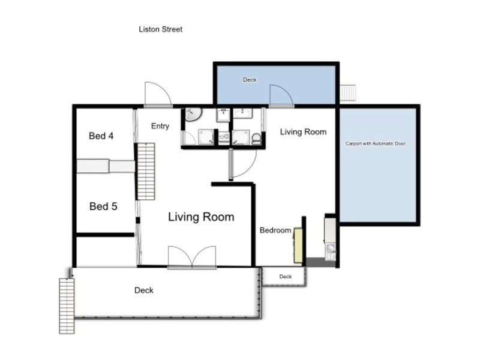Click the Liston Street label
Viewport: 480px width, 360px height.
[x=160, y=29]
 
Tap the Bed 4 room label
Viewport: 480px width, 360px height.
[x=101, y=136]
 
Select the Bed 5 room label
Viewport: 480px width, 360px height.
[x=103, y=206]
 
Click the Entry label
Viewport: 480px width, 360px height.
[x=160, y=126]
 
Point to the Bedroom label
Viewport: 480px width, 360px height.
[x=275, y=230]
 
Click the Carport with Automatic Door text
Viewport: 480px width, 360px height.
[x=379, y=144]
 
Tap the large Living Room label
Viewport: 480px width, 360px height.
[x=201, y=217]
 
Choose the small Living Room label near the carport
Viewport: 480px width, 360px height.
[x=303, y=131]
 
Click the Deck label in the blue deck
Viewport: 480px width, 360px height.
[x=249, y=80]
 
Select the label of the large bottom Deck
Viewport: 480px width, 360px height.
[x=144, y=290]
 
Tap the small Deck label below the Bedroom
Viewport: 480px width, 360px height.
[x=285, y=277]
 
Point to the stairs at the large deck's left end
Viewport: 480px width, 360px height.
[x=67, y=305]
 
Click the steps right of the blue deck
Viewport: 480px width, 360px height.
[x=349, y=94]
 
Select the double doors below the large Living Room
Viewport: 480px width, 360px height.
[x=191, y=257]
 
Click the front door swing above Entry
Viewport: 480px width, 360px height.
[x=157, y=94]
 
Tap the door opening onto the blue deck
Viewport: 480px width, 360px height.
[x=280, y=95]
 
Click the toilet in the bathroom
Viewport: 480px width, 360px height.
[x=257, y=139]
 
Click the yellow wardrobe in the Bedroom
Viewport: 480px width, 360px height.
[x=298, y=245]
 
